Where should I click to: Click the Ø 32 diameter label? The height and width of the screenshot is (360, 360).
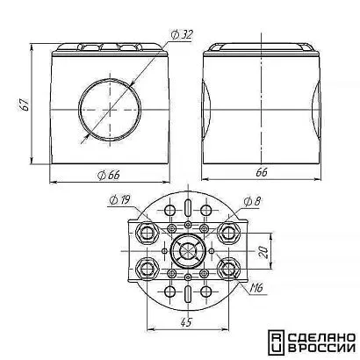(182, 35)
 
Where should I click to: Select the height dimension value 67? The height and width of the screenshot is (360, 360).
(25, 104)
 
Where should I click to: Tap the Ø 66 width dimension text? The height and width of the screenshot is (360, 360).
(109, 175)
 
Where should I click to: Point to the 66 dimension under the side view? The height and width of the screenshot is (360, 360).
(261, 173)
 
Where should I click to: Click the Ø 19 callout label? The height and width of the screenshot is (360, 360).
(119, 200)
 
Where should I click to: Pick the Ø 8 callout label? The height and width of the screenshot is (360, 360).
(252, 201)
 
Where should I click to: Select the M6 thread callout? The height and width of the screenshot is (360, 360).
(256, 289)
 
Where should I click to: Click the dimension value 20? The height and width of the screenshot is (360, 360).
(264, 252)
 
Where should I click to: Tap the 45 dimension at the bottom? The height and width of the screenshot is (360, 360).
(186, 322)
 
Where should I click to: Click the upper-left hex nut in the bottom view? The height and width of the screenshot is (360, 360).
(147, 233)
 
